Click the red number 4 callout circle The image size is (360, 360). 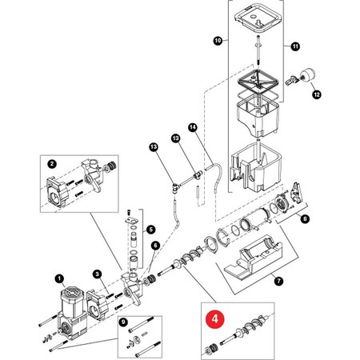coord(215,318)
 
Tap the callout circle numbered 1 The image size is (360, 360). coord(59,278)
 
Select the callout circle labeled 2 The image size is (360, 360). coord(52,164)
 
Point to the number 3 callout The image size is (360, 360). coord(97,274)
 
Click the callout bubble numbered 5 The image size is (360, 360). coord(151,230)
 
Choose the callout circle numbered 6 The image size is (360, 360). coord(155,246)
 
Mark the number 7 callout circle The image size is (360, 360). coord(278,281)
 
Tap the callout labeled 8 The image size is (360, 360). coord(305,219)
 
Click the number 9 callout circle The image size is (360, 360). coord(123,322)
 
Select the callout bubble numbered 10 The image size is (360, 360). coord(218,41)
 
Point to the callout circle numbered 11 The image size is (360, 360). coord(295,46)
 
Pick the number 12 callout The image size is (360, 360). coord(317,94)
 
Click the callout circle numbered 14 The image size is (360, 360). coord(193,127)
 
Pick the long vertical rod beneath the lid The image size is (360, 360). coord(258,50)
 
